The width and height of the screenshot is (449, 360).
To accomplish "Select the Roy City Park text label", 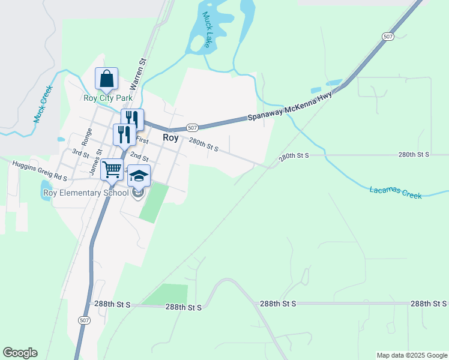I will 108,98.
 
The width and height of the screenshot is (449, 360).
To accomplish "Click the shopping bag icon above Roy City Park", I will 106,79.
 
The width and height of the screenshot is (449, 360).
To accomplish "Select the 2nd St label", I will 139,157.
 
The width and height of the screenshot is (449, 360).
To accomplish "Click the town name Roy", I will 171,137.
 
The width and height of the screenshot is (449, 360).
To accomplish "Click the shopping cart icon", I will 112,170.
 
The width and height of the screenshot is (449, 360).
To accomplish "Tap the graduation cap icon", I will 139,175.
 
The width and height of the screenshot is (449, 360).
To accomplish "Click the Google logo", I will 20,353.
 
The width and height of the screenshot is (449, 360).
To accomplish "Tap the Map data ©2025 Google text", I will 411,355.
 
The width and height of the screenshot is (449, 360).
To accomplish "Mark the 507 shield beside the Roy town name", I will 192,128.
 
